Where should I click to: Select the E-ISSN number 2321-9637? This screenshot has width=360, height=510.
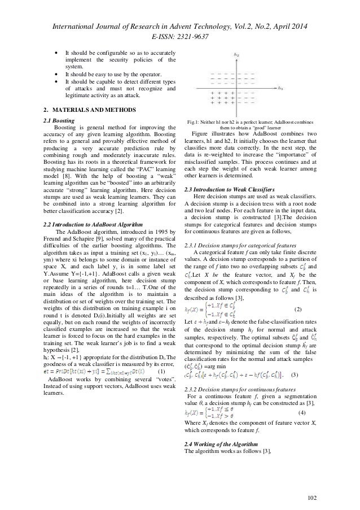pyautogui.click(x=194, y=21)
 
